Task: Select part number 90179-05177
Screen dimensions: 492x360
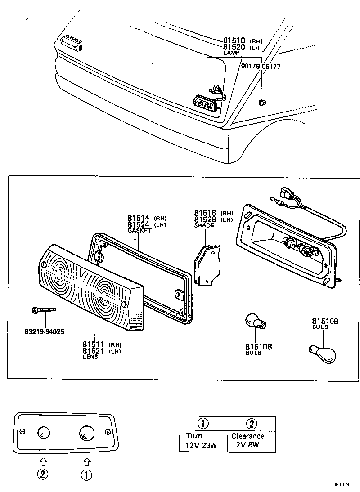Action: [261, 66]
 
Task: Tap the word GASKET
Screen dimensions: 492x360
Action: [139, 230]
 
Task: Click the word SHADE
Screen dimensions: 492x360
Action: [204, 225]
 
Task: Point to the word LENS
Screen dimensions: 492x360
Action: [90, 357]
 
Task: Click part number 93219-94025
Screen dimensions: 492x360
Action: [44, 332]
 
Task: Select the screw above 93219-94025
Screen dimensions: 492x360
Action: [43, 309]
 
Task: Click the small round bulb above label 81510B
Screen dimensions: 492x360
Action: [255, 321]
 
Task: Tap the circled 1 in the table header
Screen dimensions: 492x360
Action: [203, 423]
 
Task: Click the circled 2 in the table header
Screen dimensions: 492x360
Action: [252, 423]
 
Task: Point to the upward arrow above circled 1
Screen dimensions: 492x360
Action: [87, 461]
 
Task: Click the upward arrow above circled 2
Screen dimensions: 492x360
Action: [43, 461]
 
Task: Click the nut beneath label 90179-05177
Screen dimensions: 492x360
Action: [261, 103]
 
